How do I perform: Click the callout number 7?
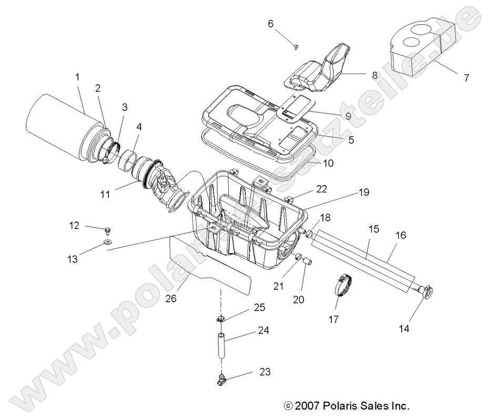coord(466,78)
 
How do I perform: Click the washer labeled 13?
coord(107,241)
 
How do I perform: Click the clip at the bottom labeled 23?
coord(221,378)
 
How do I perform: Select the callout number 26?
coord(171,298)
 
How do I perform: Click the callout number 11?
coord(105,194)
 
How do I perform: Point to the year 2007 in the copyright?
coord(308,406)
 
